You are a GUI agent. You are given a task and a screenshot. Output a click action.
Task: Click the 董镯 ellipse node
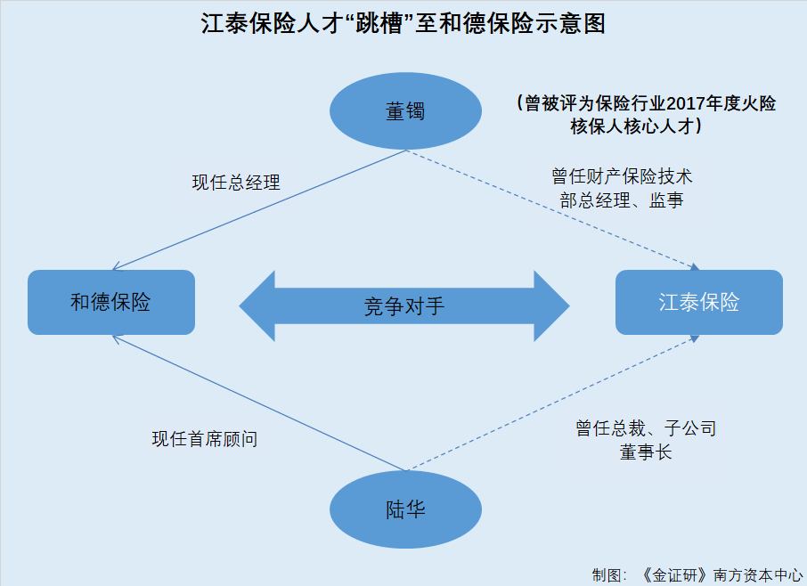(x=405, y=111)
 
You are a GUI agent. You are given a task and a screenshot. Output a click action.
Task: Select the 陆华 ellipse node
(x=405, y=509)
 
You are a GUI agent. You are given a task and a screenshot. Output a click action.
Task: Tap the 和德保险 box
(x=111, y=302)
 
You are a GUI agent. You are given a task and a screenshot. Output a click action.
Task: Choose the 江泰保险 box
(x=699, y=302)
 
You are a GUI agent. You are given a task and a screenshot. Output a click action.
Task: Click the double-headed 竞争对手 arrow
(x=404, y=306)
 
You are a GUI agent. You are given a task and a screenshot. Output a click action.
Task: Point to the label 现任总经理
(x=236, y=183)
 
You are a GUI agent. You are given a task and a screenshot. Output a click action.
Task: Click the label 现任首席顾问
(x=205, y=439)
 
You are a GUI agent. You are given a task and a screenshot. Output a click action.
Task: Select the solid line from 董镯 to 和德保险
(x=259, y=210)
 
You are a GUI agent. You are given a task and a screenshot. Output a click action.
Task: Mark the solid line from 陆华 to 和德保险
(x=259, y=403)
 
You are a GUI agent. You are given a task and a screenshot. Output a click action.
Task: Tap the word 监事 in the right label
(x=666, y=200)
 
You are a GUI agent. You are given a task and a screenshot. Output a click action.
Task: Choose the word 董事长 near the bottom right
(x=646, y=452)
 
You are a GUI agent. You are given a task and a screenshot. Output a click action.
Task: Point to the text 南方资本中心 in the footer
(x=758, y=574)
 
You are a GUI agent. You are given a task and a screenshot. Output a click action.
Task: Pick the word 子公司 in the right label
(x=689, y=428)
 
